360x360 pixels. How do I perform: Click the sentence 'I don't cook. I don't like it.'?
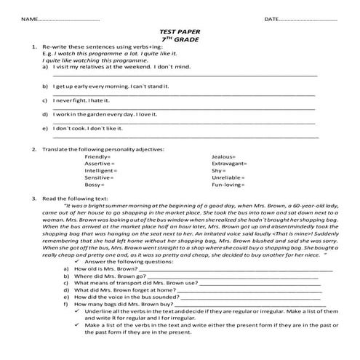click(x=87, y=128)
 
